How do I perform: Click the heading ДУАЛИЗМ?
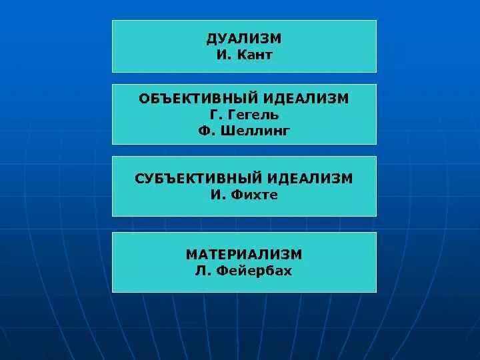coord(244,38)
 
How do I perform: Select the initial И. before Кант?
coord(223,55)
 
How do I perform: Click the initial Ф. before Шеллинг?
coord(204,131)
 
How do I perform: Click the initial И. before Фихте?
coord(217,195)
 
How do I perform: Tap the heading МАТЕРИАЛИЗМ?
coord(244,255)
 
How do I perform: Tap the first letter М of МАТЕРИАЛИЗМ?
coord(191,255)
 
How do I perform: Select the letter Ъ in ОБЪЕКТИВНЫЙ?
coord(165,99)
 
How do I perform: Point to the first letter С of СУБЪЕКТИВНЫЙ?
coord(139,179)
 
